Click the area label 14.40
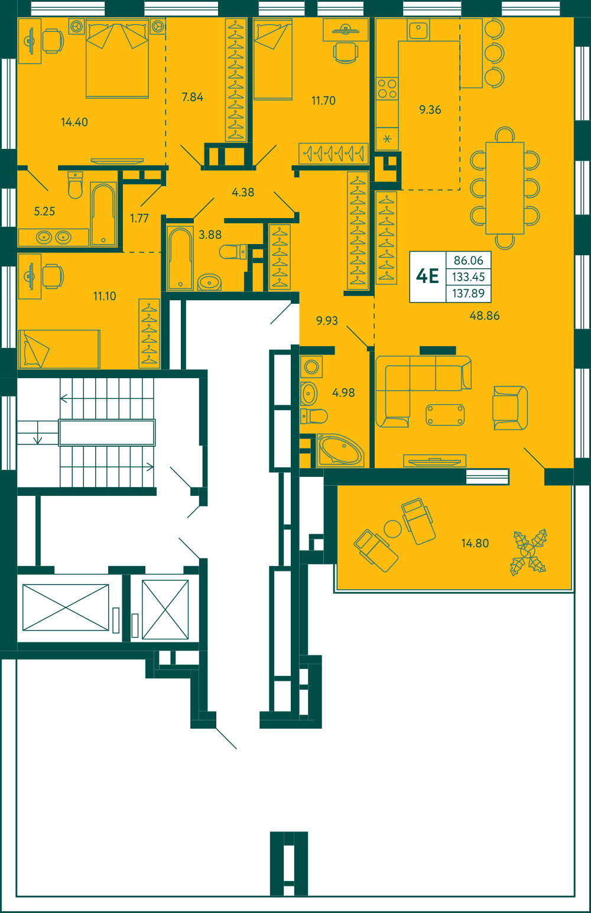coord(74,122)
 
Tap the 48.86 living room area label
coord(484,316)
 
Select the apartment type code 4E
coord(427,277)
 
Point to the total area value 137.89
coord(468,293)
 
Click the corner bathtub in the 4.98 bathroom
coord(340,450)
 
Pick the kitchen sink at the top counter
coord(418,30)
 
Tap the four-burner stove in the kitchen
coord(387,89)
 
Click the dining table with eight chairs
coord(505,188)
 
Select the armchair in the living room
coord(510,408)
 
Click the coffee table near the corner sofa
coord(445,415)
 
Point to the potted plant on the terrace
coord(528,552)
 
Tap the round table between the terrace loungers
coord(392,529)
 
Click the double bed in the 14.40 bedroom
coord(117,59)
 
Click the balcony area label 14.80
coord(475,543)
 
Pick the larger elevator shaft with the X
coord(66,607)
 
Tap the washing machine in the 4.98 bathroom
coord(311,367)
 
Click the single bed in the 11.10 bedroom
coord(59,349)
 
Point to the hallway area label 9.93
coord(327,320)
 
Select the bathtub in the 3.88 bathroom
coord(180,258)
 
